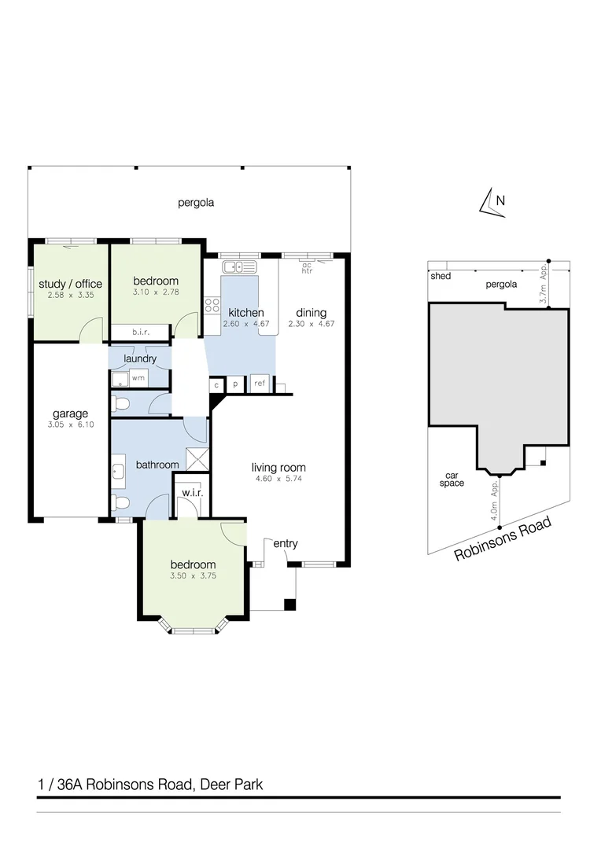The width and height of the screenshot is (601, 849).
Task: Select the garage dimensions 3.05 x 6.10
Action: (69, 424)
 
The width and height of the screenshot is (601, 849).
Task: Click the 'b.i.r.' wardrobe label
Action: (142, 333)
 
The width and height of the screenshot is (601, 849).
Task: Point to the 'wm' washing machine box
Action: (138, 378)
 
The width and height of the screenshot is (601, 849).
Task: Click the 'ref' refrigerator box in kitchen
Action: (259, 384)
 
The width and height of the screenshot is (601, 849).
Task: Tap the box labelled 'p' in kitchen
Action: (235, 384)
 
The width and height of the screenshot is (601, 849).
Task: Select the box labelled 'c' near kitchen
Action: (216, 384)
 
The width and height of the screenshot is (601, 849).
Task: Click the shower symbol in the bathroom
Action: (196, 459)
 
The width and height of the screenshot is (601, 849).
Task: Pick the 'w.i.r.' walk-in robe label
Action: (193, 493)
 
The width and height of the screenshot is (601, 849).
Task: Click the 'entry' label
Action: (285, 543)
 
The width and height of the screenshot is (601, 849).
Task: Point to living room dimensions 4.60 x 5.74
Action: (278, 479)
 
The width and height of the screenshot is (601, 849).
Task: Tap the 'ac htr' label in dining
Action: (307, 267)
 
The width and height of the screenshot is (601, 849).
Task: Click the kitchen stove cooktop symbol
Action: (212, 304)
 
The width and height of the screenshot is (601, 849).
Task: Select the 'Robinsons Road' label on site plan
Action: (503, 540)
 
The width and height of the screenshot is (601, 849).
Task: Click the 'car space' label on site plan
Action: (452, 479)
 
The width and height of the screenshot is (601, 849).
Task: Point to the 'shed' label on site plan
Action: (440, 276)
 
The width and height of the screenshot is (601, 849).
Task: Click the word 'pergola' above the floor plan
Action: (196, 202)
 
